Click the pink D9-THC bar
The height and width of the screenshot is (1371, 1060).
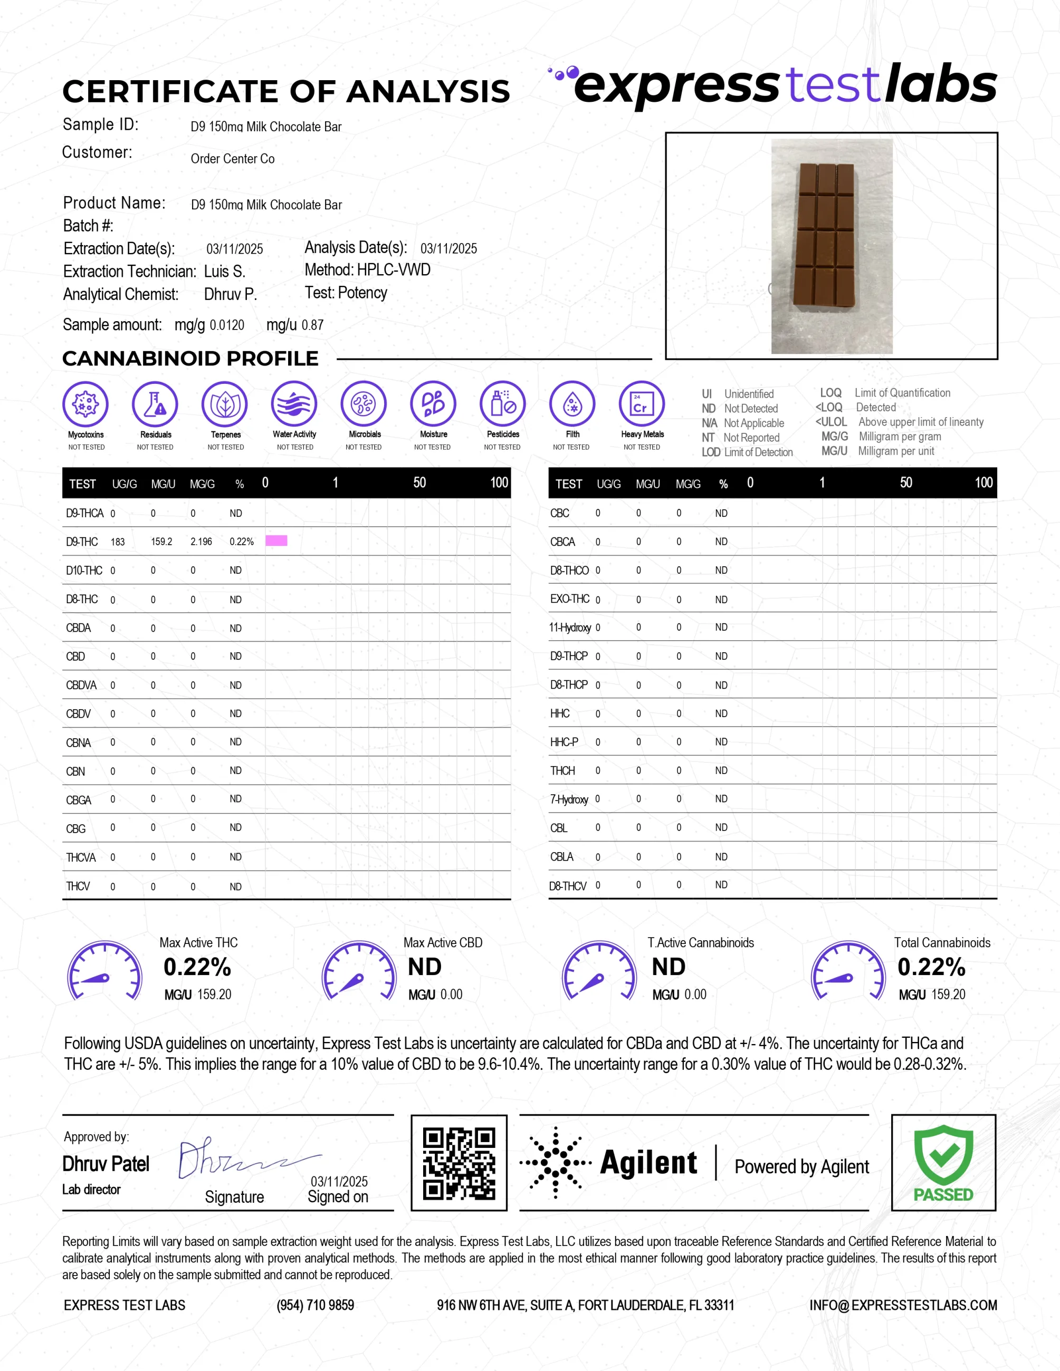(x=276, y=540)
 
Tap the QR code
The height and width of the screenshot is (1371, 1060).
(x=459, y=1163)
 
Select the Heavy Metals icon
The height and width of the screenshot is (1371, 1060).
(x=641, y=403)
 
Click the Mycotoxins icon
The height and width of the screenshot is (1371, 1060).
(x=85, y=403)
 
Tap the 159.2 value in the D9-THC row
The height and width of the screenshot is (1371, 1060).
(x=161, y=542)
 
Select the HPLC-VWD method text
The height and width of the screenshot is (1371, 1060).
(x=393, y=270)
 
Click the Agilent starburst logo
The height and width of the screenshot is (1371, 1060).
(x=555, y=1163)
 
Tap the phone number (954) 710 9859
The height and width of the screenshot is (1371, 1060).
(x=315, y=1306)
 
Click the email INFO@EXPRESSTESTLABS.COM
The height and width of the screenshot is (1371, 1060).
(x=902, y=1306)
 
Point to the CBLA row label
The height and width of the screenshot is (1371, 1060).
(x=561, y=857)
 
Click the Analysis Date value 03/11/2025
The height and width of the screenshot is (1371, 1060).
(x=448, y=248)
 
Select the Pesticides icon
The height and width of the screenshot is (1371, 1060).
(x=502, y=403)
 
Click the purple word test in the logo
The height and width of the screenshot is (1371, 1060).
(x=833, y=85)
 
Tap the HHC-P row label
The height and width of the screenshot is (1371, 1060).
(x=564, y=742)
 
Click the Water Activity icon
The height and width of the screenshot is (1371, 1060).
(x=294, y=403)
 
